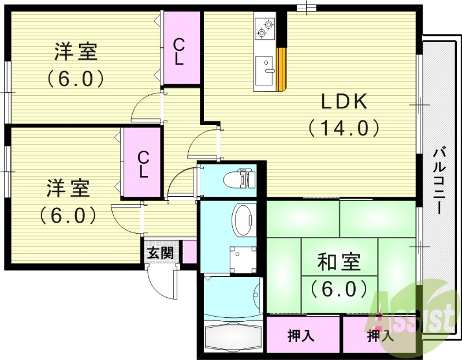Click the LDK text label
(344, 102)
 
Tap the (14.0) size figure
(344, 127)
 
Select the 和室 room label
(339, 262)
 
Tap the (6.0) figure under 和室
(339, 287)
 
